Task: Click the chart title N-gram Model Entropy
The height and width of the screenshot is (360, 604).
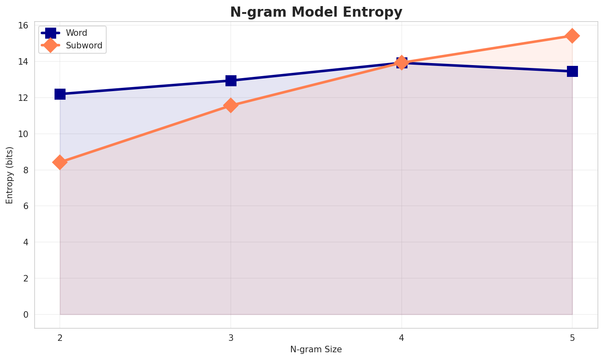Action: pos(316,12)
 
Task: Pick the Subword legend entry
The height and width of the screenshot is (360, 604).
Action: pos(84,46)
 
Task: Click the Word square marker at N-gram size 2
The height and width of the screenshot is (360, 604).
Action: pos(60,94)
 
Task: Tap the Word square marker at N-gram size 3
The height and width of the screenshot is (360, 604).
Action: pos(231,81)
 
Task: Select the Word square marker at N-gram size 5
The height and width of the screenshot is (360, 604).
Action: pos(572,71)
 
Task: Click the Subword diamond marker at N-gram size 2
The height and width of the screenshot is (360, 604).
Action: pos(60,162)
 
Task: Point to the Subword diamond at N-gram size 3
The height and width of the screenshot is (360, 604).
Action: pos(231,105)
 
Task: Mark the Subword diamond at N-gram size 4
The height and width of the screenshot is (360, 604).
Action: pos(402,63)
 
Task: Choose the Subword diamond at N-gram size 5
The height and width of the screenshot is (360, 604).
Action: pos(572,36)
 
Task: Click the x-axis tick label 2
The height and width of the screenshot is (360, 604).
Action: pos(60,338)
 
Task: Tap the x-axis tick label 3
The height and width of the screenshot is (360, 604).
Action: pos(231,338)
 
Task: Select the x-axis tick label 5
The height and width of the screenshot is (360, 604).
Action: pos(572,338)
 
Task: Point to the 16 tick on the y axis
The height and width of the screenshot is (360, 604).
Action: pos(23,26)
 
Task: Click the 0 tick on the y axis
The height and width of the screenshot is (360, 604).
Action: pos(26,314)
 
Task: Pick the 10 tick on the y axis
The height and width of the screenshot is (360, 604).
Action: pos(23,134)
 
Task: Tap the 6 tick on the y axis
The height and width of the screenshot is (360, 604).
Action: pos(26,206)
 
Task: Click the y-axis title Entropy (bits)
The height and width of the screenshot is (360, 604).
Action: pos(9,175)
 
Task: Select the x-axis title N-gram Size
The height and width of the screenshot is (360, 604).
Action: pos(316,349)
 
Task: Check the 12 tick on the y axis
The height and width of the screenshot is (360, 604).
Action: pos(23,98)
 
